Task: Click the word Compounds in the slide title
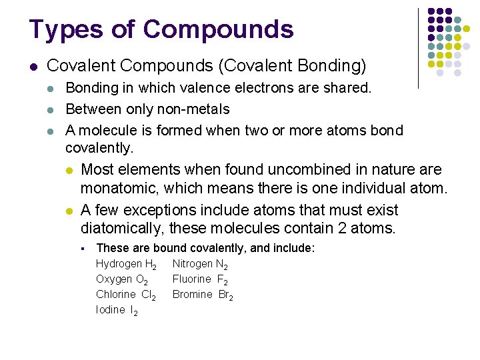click(218, 30)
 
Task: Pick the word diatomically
click(121, 228)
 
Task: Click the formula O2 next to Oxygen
click(142, 280)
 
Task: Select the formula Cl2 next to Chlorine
click(149, 295)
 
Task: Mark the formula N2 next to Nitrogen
click(223, 265)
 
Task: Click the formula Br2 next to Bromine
click(226, 295)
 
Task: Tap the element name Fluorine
click(192, 279)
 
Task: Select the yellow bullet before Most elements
click(69, 170)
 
